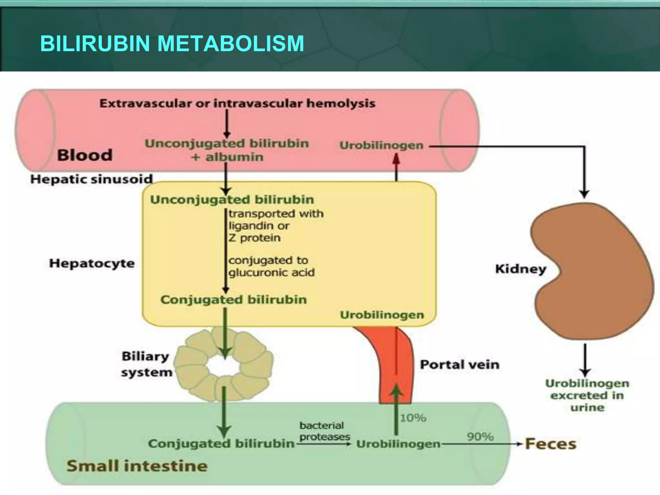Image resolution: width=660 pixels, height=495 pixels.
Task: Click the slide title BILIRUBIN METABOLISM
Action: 172,44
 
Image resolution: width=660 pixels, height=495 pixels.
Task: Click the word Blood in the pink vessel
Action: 85,155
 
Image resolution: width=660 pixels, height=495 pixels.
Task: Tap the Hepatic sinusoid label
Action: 91,179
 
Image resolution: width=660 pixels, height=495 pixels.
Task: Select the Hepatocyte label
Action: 92,263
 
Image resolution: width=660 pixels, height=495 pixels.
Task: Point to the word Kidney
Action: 520,269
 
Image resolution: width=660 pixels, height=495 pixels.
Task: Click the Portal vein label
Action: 460,364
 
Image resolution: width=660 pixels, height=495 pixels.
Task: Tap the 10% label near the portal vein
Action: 413,418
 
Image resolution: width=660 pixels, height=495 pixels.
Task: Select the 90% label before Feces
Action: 480,437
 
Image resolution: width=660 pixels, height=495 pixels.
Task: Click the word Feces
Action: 550,444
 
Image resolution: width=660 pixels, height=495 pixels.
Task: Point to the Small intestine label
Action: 137,466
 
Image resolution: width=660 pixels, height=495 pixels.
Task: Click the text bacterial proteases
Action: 324,431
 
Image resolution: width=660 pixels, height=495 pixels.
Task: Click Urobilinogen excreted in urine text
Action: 587,395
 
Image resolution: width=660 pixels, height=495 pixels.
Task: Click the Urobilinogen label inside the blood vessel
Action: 381,145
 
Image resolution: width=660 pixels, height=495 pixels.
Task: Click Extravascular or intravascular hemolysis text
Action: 237,103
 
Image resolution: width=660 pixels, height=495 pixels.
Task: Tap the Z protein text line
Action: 255,238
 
